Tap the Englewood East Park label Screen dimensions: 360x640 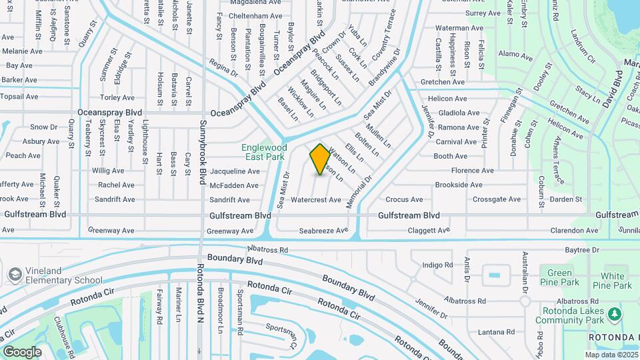(265, 152)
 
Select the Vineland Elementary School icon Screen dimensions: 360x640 (15, 275)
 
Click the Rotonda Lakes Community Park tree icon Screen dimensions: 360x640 (615, 313)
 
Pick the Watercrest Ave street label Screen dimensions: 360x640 (316, 199)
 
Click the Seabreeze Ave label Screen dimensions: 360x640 (323, 231)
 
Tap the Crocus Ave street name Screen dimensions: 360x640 (404, 199)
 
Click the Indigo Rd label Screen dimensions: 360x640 (438, 265)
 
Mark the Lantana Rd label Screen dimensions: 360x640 (492, 332)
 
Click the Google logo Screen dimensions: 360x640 (22, 351)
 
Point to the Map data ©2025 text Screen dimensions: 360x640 (611, 355)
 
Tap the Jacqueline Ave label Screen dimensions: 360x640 (235, 171)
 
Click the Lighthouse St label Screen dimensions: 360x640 (145, 142)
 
